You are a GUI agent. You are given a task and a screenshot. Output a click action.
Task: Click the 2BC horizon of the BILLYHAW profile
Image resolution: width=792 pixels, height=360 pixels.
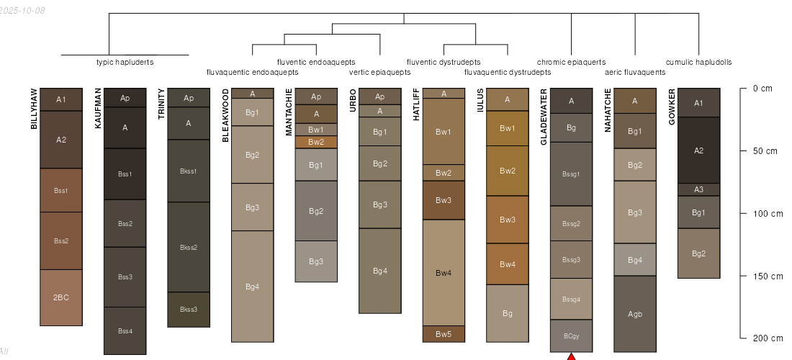tap(61, 297)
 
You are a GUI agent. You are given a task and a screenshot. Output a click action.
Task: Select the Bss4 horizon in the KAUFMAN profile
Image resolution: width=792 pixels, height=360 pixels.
tap(125, 330)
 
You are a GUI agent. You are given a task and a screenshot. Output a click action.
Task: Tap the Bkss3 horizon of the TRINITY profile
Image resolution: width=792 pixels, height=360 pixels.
tap(189, 310)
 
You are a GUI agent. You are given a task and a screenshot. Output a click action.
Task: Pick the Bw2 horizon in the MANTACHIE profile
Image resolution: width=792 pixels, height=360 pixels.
tap(316, 142)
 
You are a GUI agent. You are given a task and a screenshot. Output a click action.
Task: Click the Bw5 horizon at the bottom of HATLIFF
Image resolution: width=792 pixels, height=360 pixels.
tap(444, 334)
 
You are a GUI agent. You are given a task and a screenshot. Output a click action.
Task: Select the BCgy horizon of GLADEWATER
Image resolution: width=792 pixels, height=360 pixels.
tap(571, 336)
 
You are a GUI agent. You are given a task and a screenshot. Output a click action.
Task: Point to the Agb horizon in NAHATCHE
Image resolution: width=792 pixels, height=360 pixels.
tap(635, 314)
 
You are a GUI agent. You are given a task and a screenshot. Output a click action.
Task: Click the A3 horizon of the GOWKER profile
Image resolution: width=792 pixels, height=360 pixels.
tap(698, 190)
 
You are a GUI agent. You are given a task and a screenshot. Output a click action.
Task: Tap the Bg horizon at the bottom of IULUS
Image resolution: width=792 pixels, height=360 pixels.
tap(508, 313)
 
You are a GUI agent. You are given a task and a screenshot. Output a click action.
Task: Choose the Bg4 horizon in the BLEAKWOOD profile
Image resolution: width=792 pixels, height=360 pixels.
tap(252, 287)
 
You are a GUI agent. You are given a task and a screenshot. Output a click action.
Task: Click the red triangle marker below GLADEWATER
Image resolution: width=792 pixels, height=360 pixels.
tap(571, 356)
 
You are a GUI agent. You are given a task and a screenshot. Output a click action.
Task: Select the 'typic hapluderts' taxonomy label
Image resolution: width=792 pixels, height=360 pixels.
tap(125, 62)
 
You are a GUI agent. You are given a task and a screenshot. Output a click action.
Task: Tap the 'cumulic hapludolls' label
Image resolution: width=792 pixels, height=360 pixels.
tap(698, 62)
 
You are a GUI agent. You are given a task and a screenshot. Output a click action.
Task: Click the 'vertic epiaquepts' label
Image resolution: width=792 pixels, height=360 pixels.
tap(379, 72)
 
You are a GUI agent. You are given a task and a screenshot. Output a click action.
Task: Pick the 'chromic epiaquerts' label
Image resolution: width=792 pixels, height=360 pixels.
tap(571, 62)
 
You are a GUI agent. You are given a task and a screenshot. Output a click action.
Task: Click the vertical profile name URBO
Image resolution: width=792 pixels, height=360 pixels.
tap(354, 102)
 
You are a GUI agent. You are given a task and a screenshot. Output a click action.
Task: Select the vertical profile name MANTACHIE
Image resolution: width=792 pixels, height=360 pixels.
tap(289, 112)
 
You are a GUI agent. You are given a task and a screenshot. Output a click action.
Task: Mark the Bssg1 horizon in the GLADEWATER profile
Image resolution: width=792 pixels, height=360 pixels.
tap(571, 174)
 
